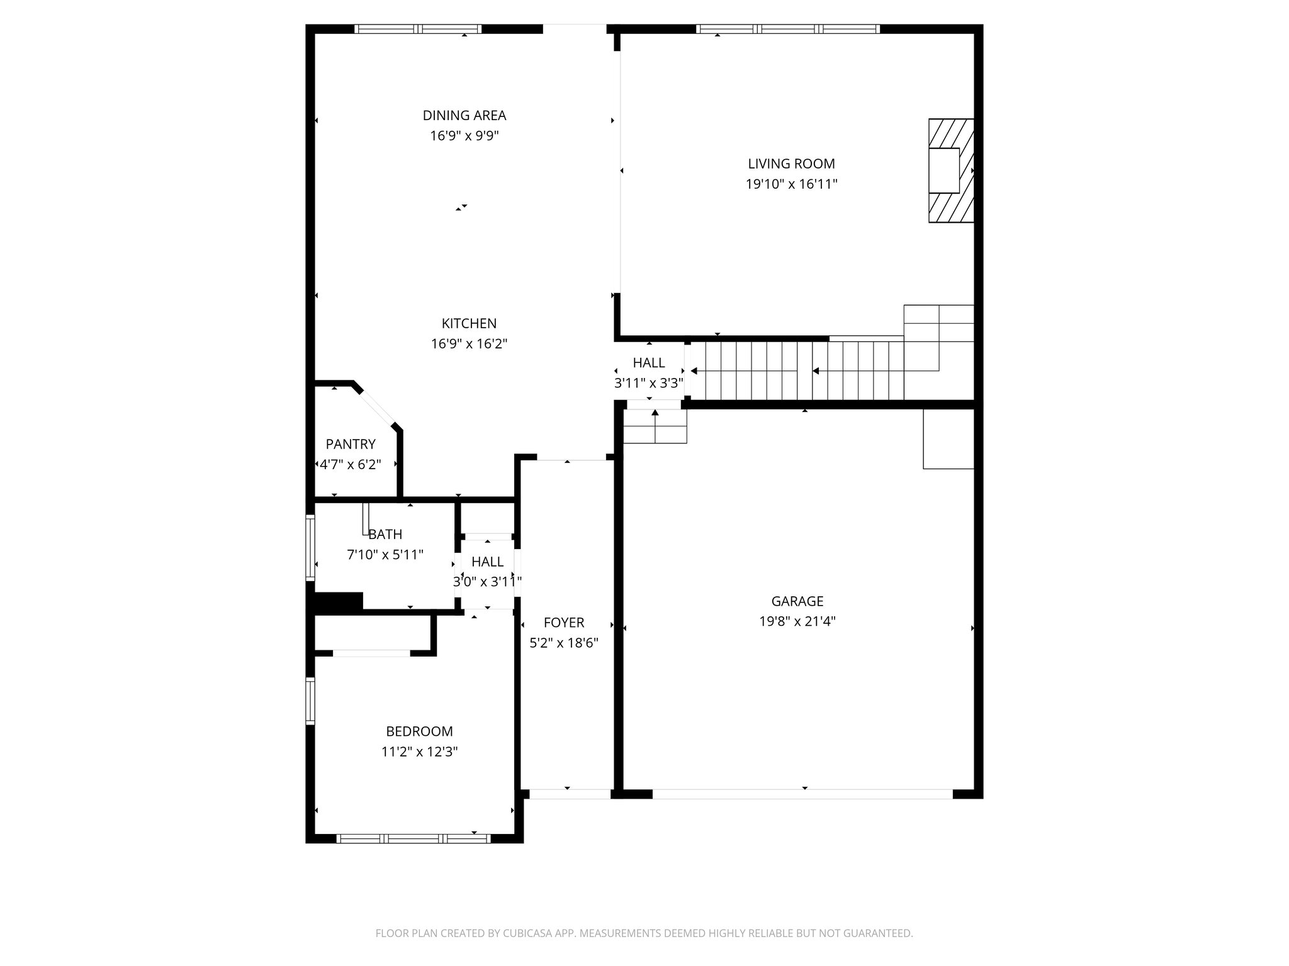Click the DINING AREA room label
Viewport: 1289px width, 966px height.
point(464,116)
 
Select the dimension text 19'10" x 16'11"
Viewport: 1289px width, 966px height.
point(791,184)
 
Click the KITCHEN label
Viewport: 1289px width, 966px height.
point(469,324)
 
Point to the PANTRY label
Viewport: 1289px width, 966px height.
point(351,445)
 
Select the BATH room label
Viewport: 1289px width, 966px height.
point(385,535)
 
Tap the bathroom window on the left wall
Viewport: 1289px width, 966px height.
point(310,547)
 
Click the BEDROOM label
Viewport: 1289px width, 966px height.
point(419,731)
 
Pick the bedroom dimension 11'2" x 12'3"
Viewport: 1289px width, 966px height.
point(419,752)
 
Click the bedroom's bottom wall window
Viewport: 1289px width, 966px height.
point(414,838)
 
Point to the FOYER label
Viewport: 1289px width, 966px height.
point(564,623)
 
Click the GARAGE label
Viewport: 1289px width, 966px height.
point(797,601)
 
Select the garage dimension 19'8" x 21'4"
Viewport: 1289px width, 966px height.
point(797,622)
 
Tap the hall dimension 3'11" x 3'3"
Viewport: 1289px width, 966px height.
point(648,384)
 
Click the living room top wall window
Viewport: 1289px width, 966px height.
point(787,29)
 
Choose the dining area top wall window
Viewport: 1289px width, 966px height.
point(417,29)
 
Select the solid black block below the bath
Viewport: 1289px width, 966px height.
point(338,601)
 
